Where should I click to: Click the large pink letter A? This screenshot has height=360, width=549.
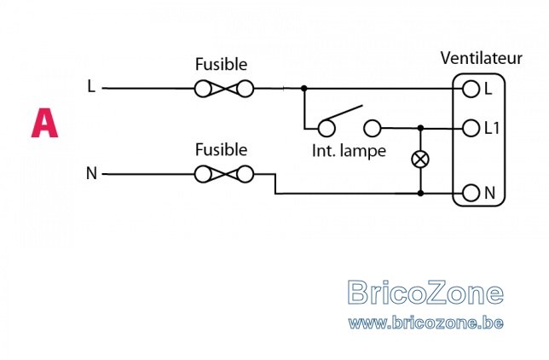click(44, 123)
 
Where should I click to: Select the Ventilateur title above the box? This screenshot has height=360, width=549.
click(481, 58)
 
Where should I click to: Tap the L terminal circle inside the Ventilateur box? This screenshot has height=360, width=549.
click(471, 89)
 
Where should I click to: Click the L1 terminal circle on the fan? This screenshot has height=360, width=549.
click(471, 128)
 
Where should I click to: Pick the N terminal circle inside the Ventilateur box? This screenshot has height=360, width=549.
click(471, 193)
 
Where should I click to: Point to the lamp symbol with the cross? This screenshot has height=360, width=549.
click(420, 160)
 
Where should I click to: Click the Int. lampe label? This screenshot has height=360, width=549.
click(349, 152)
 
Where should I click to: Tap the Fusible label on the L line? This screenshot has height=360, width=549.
click(221, 64)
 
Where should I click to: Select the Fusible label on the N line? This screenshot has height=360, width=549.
click(221, 149)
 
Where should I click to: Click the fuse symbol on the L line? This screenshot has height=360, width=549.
click(223, 89)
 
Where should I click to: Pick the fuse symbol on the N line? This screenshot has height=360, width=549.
click(223, 174)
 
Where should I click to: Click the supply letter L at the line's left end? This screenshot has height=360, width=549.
click(91, 86)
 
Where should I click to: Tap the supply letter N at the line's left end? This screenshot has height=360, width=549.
click(91, 173)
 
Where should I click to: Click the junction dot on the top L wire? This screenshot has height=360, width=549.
click(303, 89)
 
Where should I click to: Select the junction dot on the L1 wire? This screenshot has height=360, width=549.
click(420, 128)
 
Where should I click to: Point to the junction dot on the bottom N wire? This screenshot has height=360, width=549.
click(420, 193)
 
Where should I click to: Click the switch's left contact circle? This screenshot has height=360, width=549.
click(327, 129)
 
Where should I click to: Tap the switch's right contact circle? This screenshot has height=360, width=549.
click(373, 128)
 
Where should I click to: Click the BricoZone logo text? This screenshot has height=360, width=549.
click(425, 293)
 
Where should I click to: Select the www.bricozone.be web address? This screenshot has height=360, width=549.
click(425, 322)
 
